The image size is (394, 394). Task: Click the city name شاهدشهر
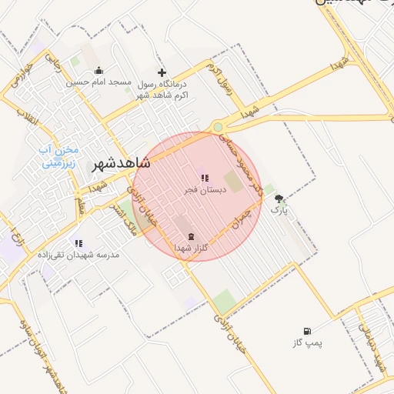(x=122, y=164)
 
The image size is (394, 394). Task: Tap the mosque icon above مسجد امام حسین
(x=99, y=71)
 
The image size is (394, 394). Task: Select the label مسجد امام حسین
(x=99, y=81)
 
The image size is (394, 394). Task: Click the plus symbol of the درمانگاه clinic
(x=162, y=72)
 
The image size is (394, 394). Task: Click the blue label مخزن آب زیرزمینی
(x=60, y=156)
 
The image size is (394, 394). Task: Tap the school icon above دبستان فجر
(x=204, y=178)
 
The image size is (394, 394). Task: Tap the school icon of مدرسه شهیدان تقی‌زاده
(x=78, y=243)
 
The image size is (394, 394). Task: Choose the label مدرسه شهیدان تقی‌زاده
(x=78, y=254)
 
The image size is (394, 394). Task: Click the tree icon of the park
(x=279, y=198)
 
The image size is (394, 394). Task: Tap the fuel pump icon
(x=308, y=330)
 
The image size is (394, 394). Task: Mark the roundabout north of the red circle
(x=219, y=128)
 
